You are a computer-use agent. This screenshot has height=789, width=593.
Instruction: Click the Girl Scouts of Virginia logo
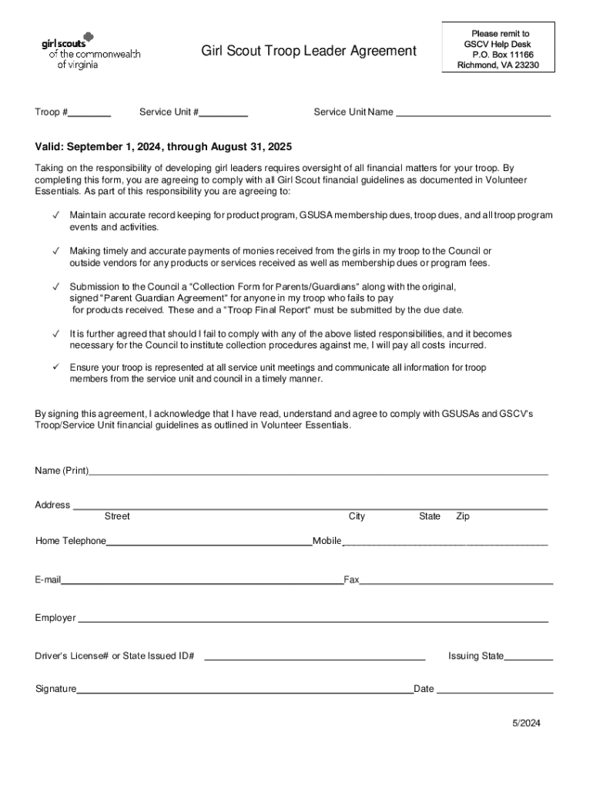(x=89, y=50)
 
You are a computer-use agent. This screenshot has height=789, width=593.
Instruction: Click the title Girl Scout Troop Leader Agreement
(x=308, y=52)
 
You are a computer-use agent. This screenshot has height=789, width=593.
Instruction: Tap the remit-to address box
(x=498, y=49)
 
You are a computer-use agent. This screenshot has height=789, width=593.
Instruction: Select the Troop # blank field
(x=89, y=113)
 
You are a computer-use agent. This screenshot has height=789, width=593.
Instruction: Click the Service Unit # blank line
(x=223, y=113)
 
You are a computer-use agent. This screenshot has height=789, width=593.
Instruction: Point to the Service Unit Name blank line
(x=473, y=113)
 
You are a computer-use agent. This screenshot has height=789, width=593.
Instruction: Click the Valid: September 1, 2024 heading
(x=163, y=146)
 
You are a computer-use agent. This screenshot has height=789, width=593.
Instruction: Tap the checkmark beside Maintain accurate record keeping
(x=55, y=215)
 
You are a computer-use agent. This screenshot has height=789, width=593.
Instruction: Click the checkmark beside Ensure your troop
(x=55, y=368)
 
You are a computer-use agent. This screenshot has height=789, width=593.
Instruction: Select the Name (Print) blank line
(x=318, y=472)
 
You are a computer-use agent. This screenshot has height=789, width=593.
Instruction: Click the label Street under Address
(x=117, y=516)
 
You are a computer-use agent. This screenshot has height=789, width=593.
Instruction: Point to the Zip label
(x=463, y=516)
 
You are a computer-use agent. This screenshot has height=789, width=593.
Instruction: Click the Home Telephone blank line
(x=208, y=542)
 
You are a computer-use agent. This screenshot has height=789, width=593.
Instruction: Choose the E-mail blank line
(x=202, y=581)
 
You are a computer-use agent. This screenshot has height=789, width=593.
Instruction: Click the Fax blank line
(x=456, y=581)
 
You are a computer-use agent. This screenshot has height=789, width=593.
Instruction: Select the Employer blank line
(x=313, y=619)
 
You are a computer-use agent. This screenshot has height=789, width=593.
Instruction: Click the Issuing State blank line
(x=528, y=658)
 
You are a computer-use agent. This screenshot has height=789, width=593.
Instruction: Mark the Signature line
(x=244, y=690)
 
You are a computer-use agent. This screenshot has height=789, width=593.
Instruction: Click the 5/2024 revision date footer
(x=528, y=724)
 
